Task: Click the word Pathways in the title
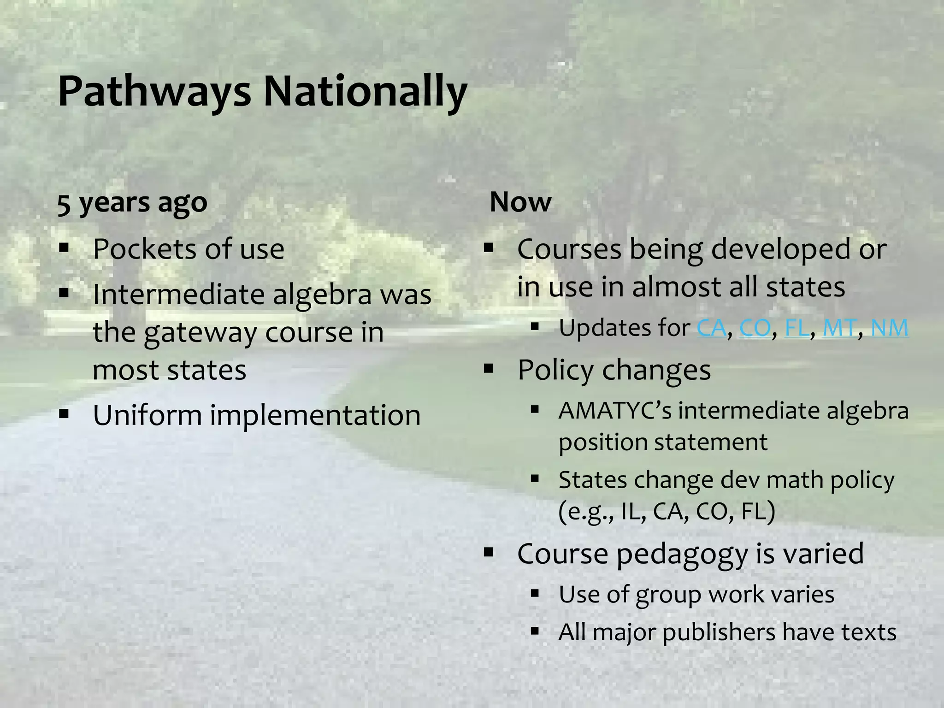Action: pyautogui.click(x=154, y=91)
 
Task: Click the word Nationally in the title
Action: pyautogui.click(x=365, y=91)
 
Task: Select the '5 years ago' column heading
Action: pyautogui.click(x=132, y=202)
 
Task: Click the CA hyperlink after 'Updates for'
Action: pyautogui.click(x=711, y=328)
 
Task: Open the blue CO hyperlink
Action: pyautogui.click(x=755, y=328)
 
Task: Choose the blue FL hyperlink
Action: pyautogui.click(x=796, y=328)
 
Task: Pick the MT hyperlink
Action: pyautogui.click(x=839, y=328)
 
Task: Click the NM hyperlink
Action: pyautogui.click(x=890, y=328)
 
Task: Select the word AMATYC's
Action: pyautogui.click(x=615, y=411)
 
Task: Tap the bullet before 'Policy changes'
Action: pyautogui.click(x=489, y=368)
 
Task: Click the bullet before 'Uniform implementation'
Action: pyautogui.click(x=64, y=413)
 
